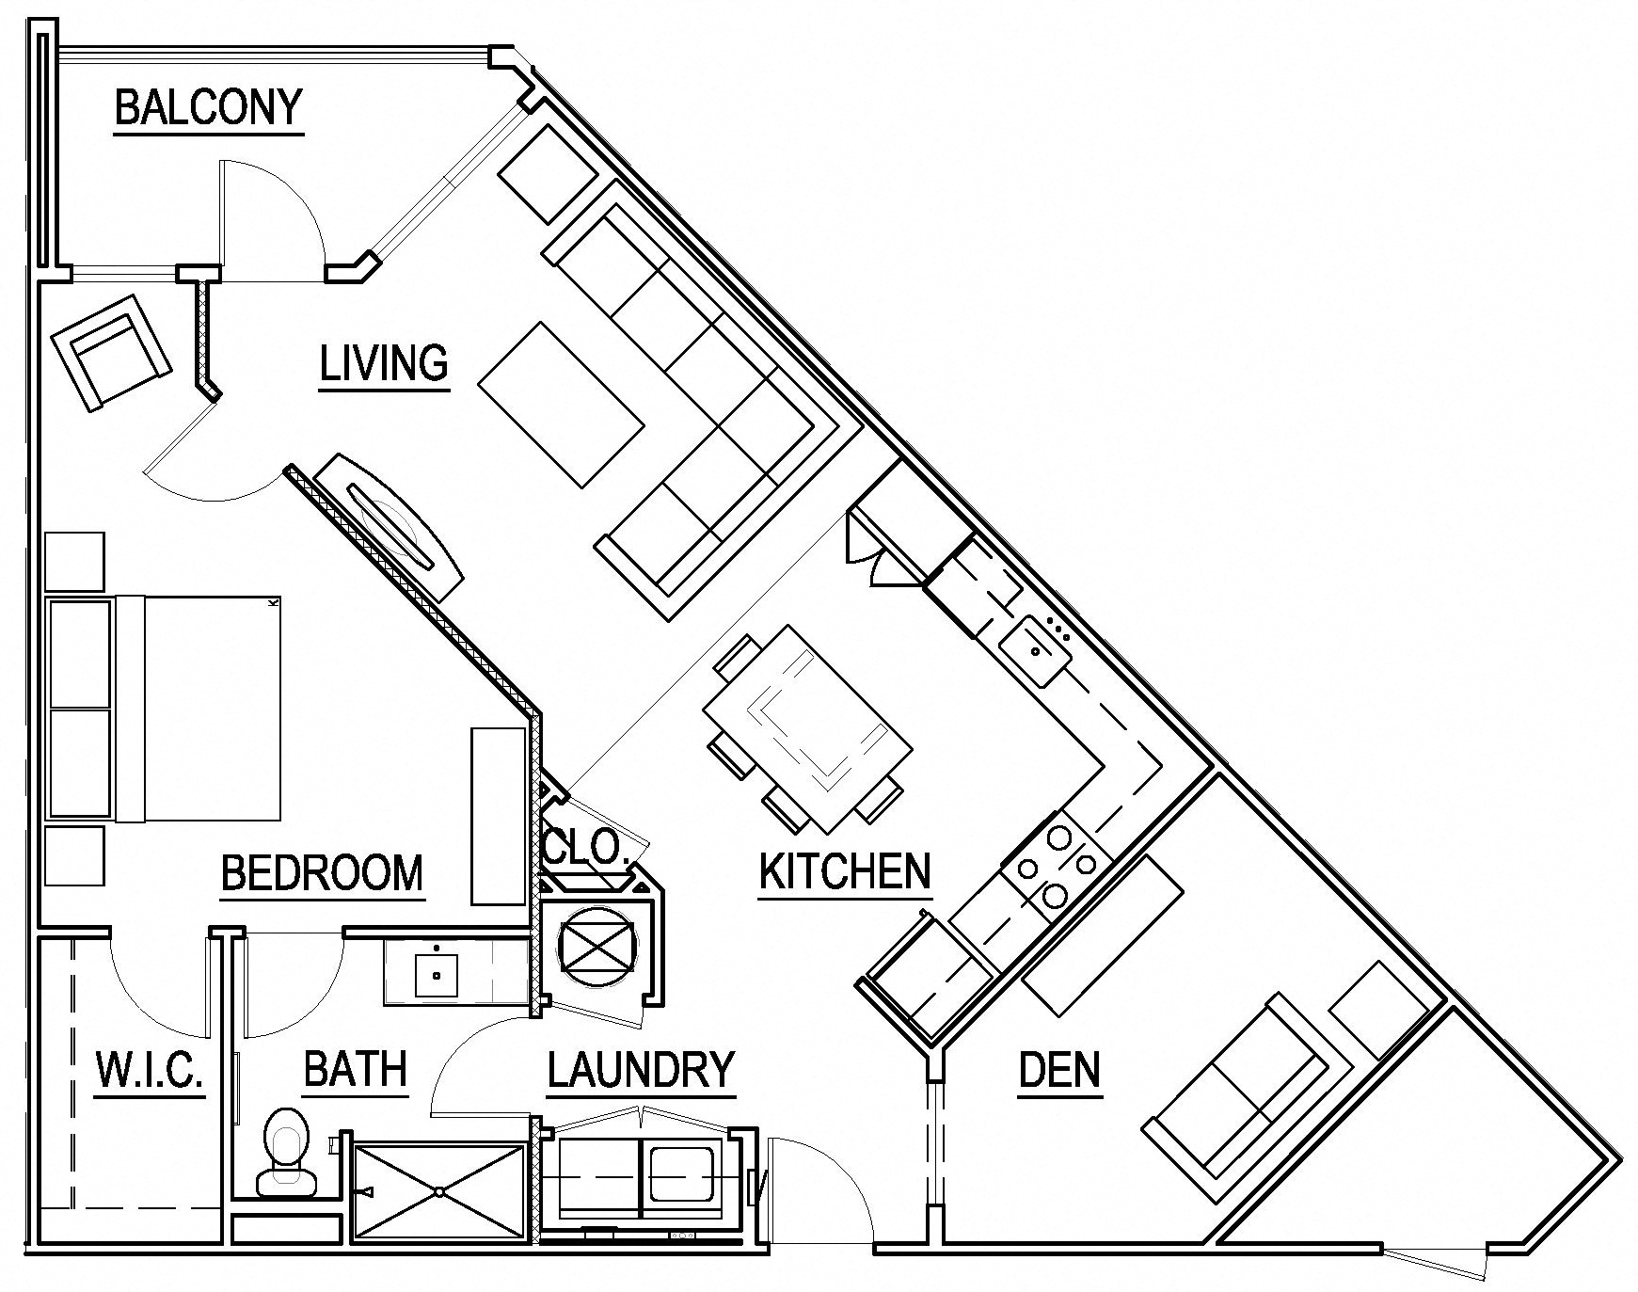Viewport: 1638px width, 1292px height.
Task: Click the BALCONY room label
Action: point(208,107)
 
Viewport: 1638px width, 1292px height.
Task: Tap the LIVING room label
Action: point(383,364)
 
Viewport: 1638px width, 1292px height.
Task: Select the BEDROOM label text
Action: point(322,873)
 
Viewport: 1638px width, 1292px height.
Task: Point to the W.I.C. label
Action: point(150,1070)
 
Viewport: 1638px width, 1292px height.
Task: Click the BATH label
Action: point(355,1070)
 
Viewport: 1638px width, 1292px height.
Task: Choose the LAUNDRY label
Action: point(640,1071)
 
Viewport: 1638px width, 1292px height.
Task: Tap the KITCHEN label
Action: point(844,871)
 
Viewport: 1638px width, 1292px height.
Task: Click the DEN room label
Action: point(1059,1070)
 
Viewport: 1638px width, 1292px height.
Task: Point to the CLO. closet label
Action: point(586,847)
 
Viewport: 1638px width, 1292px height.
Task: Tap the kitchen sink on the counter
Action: point(1035,648)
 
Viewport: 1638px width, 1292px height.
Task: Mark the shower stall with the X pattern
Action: point(438,1191)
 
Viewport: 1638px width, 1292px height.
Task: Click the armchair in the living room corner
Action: point(112,352)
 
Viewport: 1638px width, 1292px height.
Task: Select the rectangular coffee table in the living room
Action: point(562,405)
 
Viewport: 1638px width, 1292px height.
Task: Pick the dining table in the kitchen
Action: point(807,729)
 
